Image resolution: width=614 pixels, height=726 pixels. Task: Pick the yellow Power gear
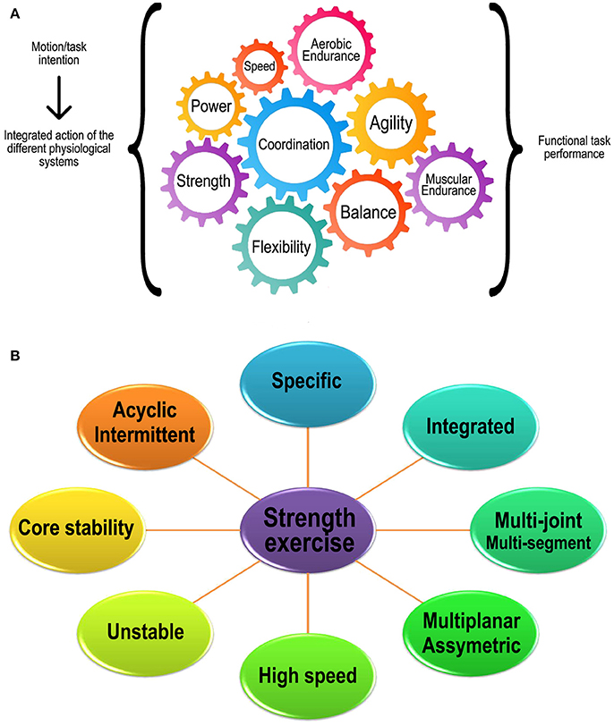coord(212,106)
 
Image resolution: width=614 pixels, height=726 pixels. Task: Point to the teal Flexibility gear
coord(281,247)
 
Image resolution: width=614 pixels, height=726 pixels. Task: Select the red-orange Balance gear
coord(367,213)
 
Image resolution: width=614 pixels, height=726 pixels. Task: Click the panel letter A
coord(13,11)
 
